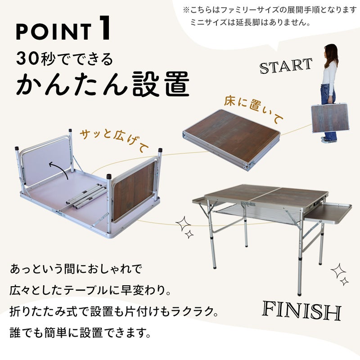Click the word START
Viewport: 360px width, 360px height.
click(x=286, y=66)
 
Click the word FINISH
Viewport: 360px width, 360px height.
click(x=301, y=310)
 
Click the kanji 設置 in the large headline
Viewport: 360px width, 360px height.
click(x=161, y=84)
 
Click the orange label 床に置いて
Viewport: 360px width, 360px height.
click(x=254, y=110)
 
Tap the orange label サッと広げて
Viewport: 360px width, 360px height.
click(x=114, y=140)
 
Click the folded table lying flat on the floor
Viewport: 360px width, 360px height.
click(x=232, y=139)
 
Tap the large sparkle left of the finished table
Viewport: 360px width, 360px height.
click(x=183, y=224)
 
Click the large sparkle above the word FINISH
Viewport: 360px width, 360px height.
click(x=338, y=271)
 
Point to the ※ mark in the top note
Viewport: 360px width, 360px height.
click(x=186, y=9)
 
